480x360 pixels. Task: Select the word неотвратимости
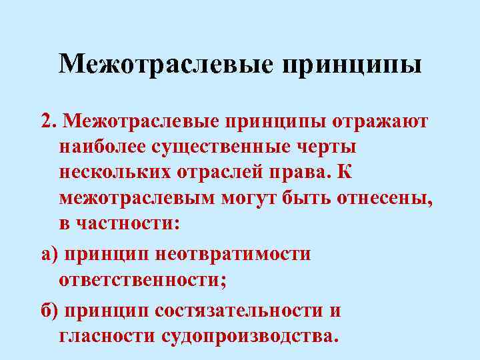(x=233, y=254)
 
